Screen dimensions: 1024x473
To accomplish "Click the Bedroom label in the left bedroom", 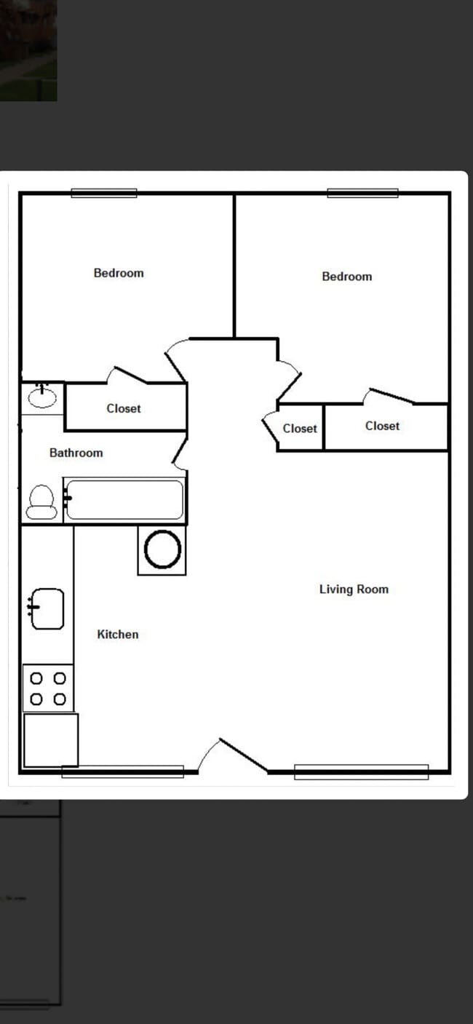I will (119, 273).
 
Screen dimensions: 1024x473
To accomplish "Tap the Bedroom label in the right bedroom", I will (346, 277).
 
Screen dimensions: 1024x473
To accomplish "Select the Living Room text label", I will (354, 590).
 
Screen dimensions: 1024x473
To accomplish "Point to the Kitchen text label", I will (117, 635).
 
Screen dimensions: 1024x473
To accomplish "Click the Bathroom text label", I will (76, 453).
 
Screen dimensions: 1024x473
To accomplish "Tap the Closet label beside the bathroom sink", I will (124, 408).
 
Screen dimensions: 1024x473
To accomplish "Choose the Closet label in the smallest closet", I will (300, 429).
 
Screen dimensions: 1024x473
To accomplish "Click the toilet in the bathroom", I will (41, 501).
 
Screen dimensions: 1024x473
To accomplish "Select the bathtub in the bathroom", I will (124, 499).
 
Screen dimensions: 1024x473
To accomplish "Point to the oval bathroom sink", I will (42, 397).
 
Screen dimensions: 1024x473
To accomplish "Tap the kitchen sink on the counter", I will (47, 608).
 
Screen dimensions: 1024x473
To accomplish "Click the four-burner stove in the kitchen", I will (48, 688).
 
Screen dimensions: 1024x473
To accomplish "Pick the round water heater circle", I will (162, 549).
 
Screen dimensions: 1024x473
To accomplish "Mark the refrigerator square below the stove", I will (50, 739).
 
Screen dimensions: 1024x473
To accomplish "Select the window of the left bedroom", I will (103, 193).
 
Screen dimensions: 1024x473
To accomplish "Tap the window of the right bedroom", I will (362, 193).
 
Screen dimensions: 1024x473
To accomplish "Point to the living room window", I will (361, 771).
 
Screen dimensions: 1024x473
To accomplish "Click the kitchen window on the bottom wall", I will (122, 771).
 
